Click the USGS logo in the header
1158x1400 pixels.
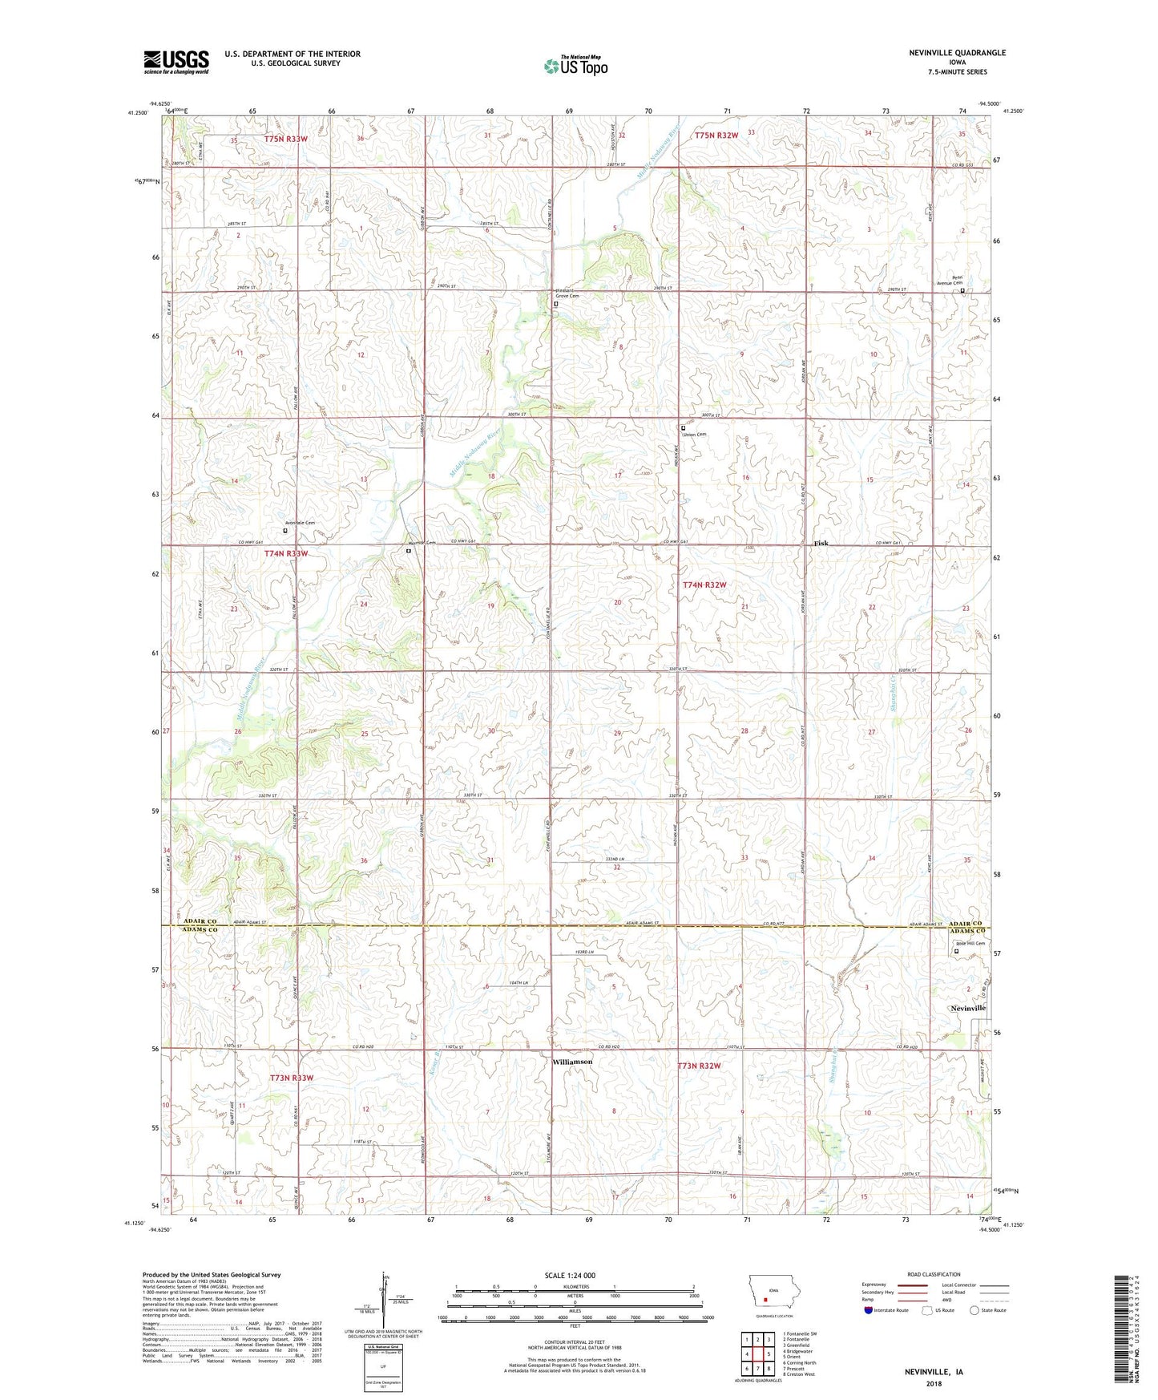(176, 62)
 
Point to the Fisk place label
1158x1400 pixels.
(821, 543)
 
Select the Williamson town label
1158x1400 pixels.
(572, 1062)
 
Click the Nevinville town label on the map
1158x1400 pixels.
(967, 1008)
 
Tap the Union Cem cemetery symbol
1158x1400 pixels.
(684, 428)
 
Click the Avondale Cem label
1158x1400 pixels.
(300, 523)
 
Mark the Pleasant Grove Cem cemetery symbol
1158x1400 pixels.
(555, 304)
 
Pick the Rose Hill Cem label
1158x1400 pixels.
(970, 944)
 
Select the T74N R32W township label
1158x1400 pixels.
(704, 585)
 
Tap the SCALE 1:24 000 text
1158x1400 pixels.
(569, 1275)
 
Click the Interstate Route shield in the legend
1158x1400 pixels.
(870, 1310)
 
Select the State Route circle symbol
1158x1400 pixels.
(974, 1310)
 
